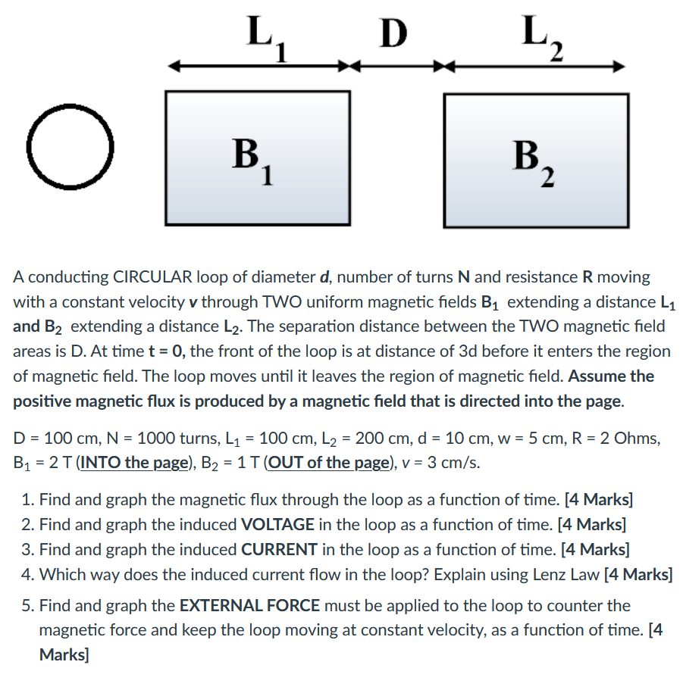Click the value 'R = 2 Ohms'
click(x=619, y=439)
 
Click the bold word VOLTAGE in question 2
click(x=277, y=524)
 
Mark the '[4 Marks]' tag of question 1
click(x=599, y=500)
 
